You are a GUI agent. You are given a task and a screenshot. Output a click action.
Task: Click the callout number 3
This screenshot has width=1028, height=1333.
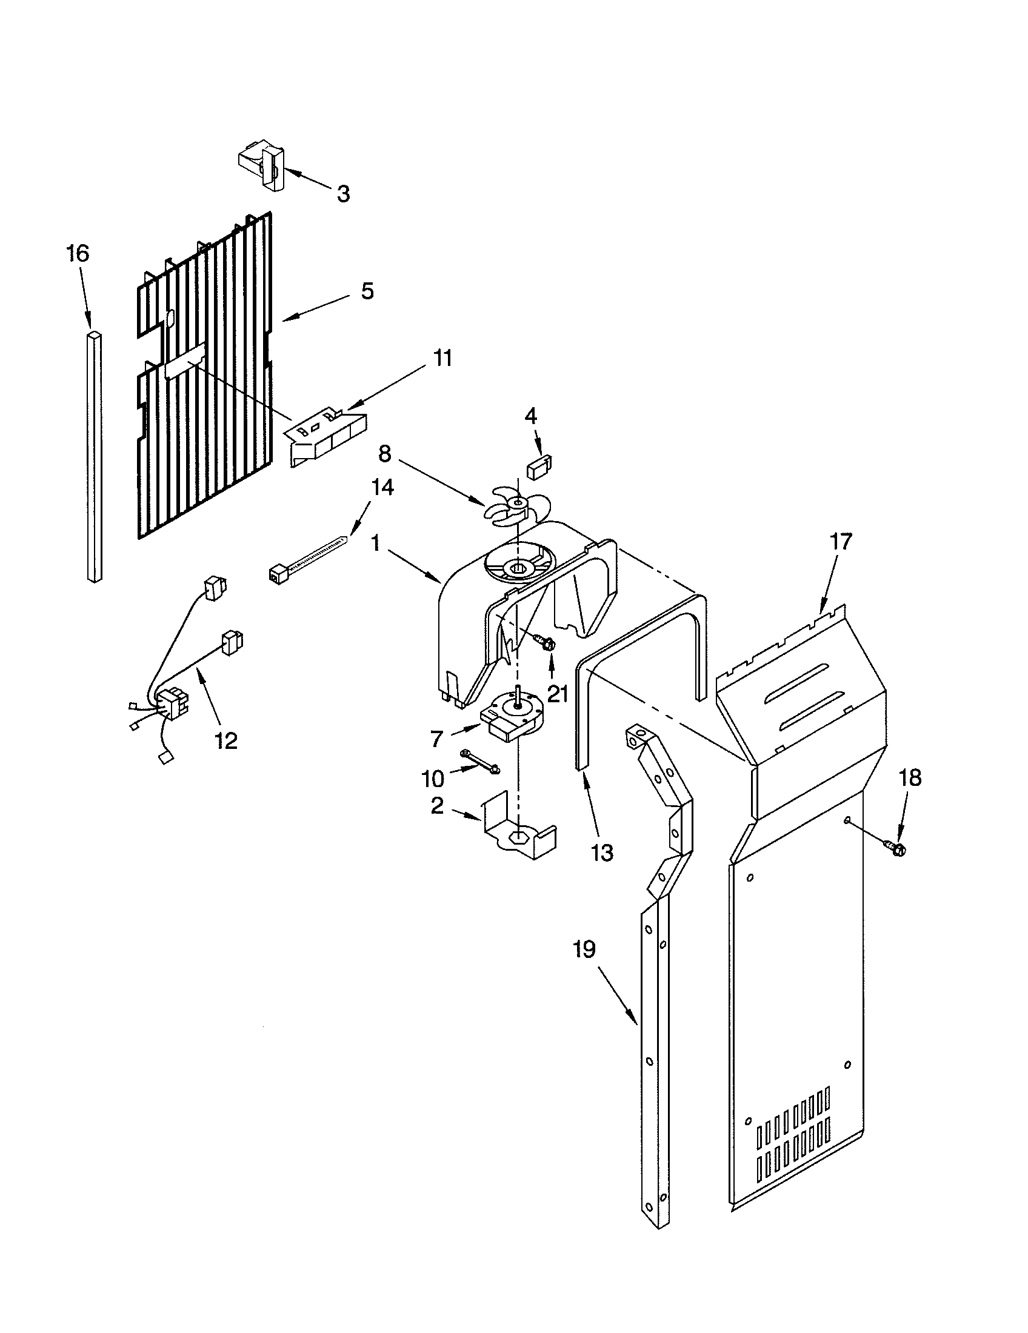[343, 194]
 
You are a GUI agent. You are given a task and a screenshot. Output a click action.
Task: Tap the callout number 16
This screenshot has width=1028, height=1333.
[78, 253]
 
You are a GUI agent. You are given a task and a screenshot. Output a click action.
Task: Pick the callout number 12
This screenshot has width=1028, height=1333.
[225, 741]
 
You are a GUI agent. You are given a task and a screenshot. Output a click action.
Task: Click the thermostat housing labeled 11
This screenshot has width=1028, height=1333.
[327, 436]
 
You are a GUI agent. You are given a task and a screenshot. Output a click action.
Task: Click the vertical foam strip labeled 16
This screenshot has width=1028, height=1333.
[94, 457]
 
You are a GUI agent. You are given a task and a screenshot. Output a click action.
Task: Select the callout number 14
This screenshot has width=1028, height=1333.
[381, 488]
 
